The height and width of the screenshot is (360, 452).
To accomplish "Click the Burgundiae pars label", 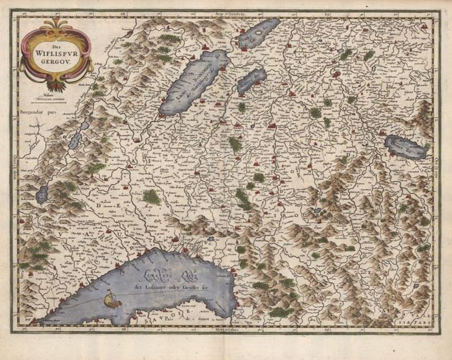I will coord(36,113).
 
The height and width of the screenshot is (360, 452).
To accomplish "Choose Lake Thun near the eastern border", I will coord(406,146).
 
